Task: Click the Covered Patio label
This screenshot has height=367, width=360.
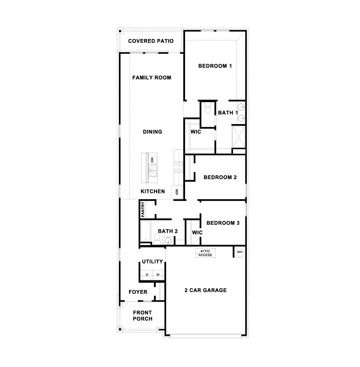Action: (x=151, y=41)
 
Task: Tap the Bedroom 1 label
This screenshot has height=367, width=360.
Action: (x=215, y=66)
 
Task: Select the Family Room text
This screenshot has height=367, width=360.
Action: (x=152, y=78)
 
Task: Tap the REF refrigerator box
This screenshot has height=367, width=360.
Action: (x=177, y=192)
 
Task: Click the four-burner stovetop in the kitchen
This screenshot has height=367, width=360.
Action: (x=179, y=167)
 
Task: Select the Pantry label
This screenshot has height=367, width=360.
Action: (x=143, y=209)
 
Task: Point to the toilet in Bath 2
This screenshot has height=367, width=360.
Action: (x=157, y=239)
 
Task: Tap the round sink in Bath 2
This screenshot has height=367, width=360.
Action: (x=169, y=241)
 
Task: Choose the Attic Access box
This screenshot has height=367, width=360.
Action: (x=205, y=253)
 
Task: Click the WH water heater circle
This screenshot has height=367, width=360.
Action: (x=240, y=252)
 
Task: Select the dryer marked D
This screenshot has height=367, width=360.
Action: (x=147, y=275)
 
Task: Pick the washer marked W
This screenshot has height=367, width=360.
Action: (x=158, y=275)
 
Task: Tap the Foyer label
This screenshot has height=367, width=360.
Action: (x=138, y=292)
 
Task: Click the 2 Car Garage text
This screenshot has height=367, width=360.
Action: (x=205, y=290)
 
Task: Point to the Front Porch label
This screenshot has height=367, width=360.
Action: (x=143, y=316)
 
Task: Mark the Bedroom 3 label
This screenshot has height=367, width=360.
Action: (x=223, y=223)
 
